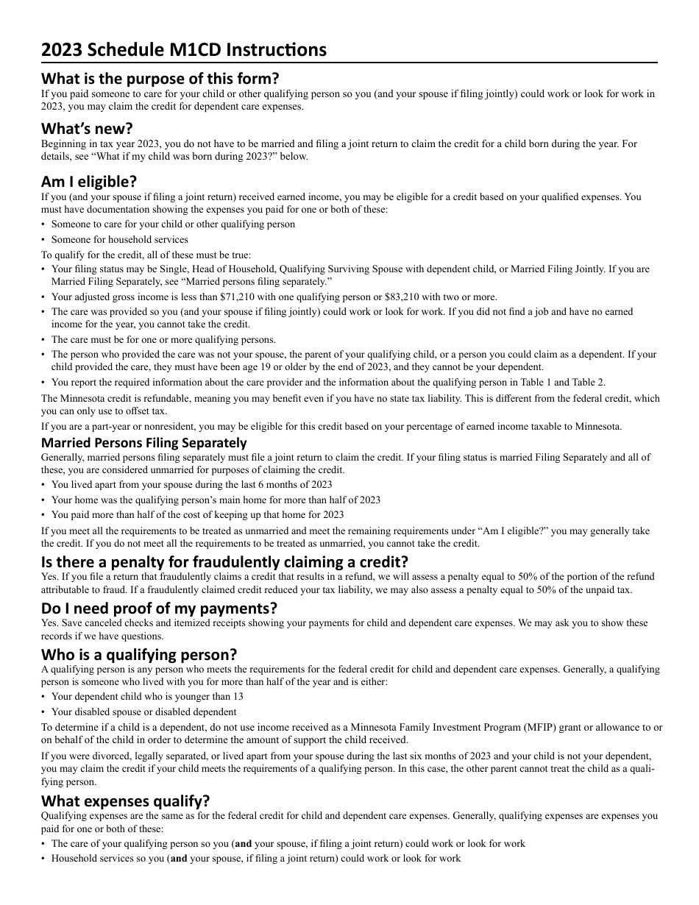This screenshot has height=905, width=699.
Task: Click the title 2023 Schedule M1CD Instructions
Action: (184, 50)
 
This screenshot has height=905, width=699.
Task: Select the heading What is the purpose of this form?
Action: (160, 78)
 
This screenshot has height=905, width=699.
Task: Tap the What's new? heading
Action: (87, 129)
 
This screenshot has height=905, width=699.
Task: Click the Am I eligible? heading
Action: (89, 181)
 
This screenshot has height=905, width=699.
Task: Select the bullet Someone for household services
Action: (119, 239)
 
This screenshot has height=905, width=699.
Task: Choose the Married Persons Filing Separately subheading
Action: (143, 443)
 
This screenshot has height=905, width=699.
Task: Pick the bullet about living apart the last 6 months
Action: (191, 484)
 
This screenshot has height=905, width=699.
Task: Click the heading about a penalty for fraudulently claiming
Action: (224, 562)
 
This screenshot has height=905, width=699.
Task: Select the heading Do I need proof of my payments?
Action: (159, 608)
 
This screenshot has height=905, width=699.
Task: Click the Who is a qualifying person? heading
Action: (139, 655)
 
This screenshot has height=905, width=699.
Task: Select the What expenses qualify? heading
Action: (125, 801)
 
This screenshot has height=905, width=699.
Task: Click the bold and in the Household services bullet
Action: (179, 859)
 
